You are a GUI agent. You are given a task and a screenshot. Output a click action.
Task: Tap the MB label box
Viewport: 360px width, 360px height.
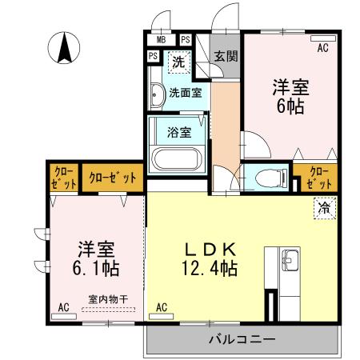click(161, 39)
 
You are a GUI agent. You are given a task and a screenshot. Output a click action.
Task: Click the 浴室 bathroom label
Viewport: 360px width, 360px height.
click(178, 131)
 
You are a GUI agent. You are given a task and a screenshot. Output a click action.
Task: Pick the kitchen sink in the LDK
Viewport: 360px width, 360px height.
click(288, 260)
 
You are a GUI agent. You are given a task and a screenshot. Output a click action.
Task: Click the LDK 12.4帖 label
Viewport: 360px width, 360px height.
click(206, 258)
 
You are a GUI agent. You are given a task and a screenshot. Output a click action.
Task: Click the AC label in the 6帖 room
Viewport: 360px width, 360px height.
click(322, 48)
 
